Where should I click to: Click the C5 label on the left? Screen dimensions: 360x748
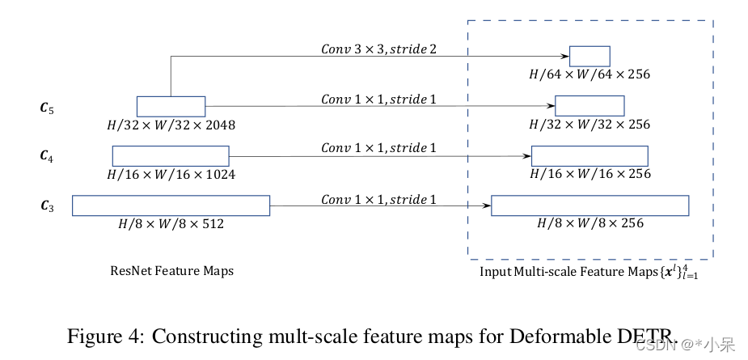47,107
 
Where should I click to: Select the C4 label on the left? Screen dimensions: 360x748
47,156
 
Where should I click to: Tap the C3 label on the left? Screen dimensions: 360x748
47,206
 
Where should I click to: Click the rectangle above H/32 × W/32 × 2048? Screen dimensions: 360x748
171,106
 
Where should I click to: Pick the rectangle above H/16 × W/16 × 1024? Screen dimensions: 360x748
171,156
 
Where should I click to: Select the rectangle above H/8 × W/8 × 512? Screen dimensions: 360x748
171,205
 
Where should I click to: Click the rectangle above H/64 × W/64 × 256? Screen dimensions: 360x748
590,56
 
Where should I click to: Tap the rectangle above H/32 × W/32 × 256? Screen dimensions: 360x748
590,105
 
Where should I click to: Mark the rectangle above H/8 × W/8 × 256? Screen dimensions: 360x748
590,205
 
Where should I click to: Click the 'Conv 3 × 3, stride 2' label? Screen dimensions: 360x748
378,49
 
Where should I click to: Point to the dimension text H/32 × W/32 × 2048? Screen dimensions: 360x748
171,125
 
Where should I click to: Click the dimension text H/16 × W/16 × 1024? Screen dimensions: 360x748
171,174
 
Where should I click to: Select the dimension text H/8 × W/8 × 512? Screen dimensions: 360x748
171,223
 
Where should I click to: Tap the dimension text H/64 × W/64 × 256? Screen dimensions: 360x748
590,74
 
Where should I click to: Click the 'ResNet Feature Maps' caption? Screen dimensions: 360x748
171,271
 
